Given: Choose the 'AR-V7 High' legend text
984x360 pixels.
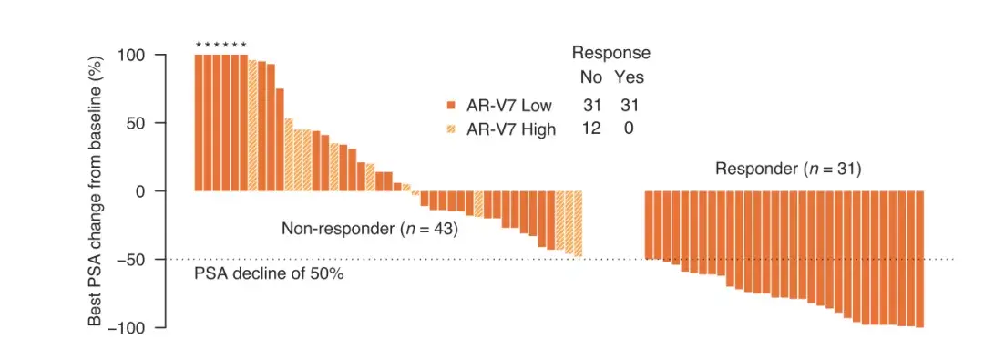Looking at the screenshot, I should [x=510, y=129].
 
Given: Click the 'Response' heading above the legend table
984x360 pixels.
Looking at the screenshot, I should [x=610, y=53].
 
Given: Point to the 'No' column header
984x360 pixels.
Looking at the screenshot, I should [x=590, y=77].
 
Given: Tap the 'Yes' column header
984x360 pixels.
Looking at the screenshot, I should [x=629, y=77].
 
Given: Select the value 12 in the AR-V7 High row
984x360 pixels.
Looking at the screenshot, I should [x=591, y=129].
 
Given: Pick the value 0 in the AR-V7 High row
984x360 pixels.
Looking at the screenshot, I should [x=629, y=129].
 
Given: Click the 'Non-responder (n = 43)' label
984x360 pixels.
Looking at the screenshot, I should [x=369, y=229].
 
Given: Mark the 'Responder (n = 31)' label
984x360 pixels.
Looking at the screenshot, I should [x=788, y=169].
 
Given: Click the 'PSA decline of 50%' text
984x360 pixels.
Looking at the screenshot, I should [x=269, y=273].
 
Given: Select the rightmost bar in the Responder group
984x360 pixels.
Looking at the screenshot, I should [x=920, y=259].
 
